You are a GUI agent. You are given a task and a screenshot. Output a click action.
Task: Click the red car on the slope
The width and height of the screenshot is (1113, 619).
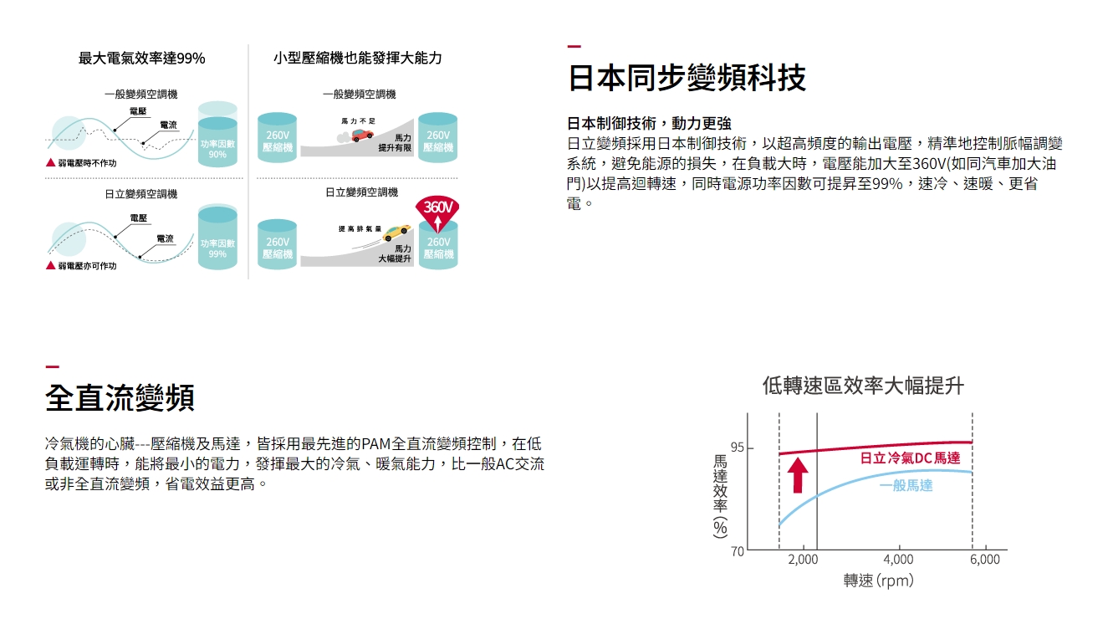[362, 135]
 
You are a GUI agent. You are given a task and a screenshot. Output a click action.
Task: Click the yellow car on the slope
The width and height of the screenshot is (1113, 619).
[397, 232]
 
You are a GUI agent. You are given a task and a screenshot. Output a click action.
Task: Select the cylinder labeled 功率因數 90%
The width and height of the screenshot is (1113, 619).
[217, 134]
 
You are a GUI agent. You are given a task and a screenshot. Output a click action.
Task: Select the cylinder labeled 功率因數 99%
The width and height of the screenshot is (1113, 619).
[217, 237]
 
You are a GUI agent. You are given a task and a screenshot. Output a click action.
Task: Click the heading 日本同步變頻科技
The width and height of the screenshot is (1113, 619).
[687, 78]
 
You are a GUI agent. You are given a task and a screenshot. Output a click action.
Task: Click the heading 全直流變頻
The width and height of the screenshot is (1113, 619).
[120, 398]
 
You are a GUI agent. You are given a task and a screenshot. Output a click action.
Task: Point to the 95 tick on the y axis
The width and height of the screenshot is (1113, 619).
[738, 448]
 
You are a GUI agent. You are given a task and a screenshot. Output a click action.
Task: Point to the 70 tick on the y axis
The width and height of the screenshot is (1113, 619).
[738, 551]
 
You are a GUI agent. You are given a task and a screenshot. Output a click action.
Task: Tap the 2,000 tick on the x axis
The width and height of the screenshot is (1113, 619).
[803, 560]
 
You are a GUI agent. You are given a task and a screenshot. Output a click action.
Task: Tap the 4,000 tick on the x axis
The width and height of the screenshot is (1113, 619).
[898, 560]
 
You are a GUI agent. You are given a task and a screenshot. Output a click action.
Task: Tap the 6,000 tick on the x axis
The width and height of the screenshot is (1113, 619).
[985, 560]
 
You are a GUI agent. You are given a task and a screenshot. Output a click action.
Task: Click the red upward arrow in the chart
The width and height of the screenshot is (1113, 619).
[798, 475]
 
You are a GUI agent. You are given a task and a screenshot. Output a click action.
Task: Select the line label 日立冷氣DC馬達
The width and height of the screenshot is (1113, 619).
[911, 458]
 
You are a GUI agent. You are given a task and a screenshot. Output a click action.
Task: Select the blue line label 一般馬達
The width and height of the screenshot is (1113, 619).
[906, 485]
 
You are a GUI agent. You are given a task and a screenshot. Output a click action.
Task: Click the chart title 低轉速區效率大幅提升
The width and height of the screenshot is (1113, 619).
[863, 386]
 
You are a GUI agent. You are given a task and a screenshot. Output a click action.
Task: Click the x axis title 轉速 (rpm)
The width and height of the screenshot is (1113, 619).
[879, 581]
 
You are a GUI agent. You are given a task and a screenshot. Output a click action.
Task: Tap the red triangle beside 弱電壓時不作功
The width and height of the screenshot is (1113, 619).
[51, 162]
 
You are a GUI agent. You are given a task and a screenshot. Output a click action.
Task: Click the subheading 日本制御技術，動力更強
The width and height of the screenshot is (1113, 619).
[649, 123]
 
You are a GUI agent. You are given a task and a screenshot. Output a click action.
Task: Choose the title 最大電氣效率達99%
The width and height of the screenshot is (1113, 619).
[141, 59]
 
